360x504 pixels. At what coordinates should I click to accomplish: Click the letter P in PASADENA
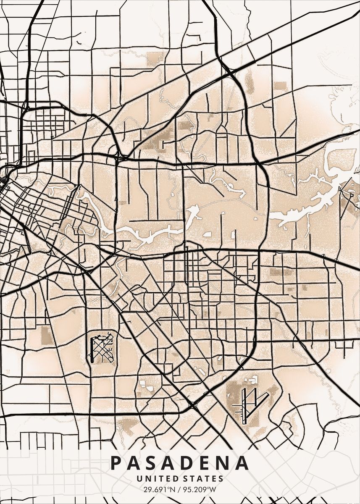point(116,463)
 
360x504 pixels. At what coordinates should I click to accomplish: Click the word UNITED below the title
point(154,478)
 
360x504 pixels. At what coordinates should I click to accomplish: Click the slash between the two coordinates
point(179,489)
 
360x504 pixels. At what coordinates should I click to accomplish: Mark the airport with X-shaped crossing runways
point(101,347)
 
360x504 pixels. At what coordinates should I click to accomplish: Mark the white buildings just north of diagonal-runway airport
point(252,381)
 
